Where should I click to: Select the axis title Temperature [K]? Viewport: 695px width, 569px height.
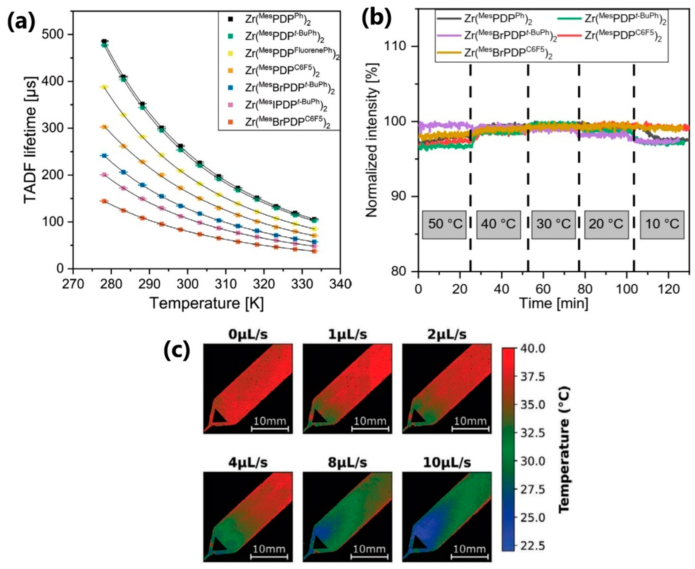pos(206,303)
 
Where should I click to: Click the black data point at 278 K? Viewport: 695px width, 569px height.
pos(104,41)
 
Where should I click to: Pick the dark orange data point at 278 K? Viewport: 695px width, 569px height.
pos(104,201)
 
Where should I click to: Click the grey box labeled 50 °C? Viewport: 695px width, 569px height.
pos(444,224)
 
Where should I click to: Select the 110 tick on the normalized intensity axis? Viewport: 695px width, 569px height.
pos(400,47)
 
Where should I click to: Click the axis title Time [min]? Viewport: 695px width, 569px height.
pos(554,303)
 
